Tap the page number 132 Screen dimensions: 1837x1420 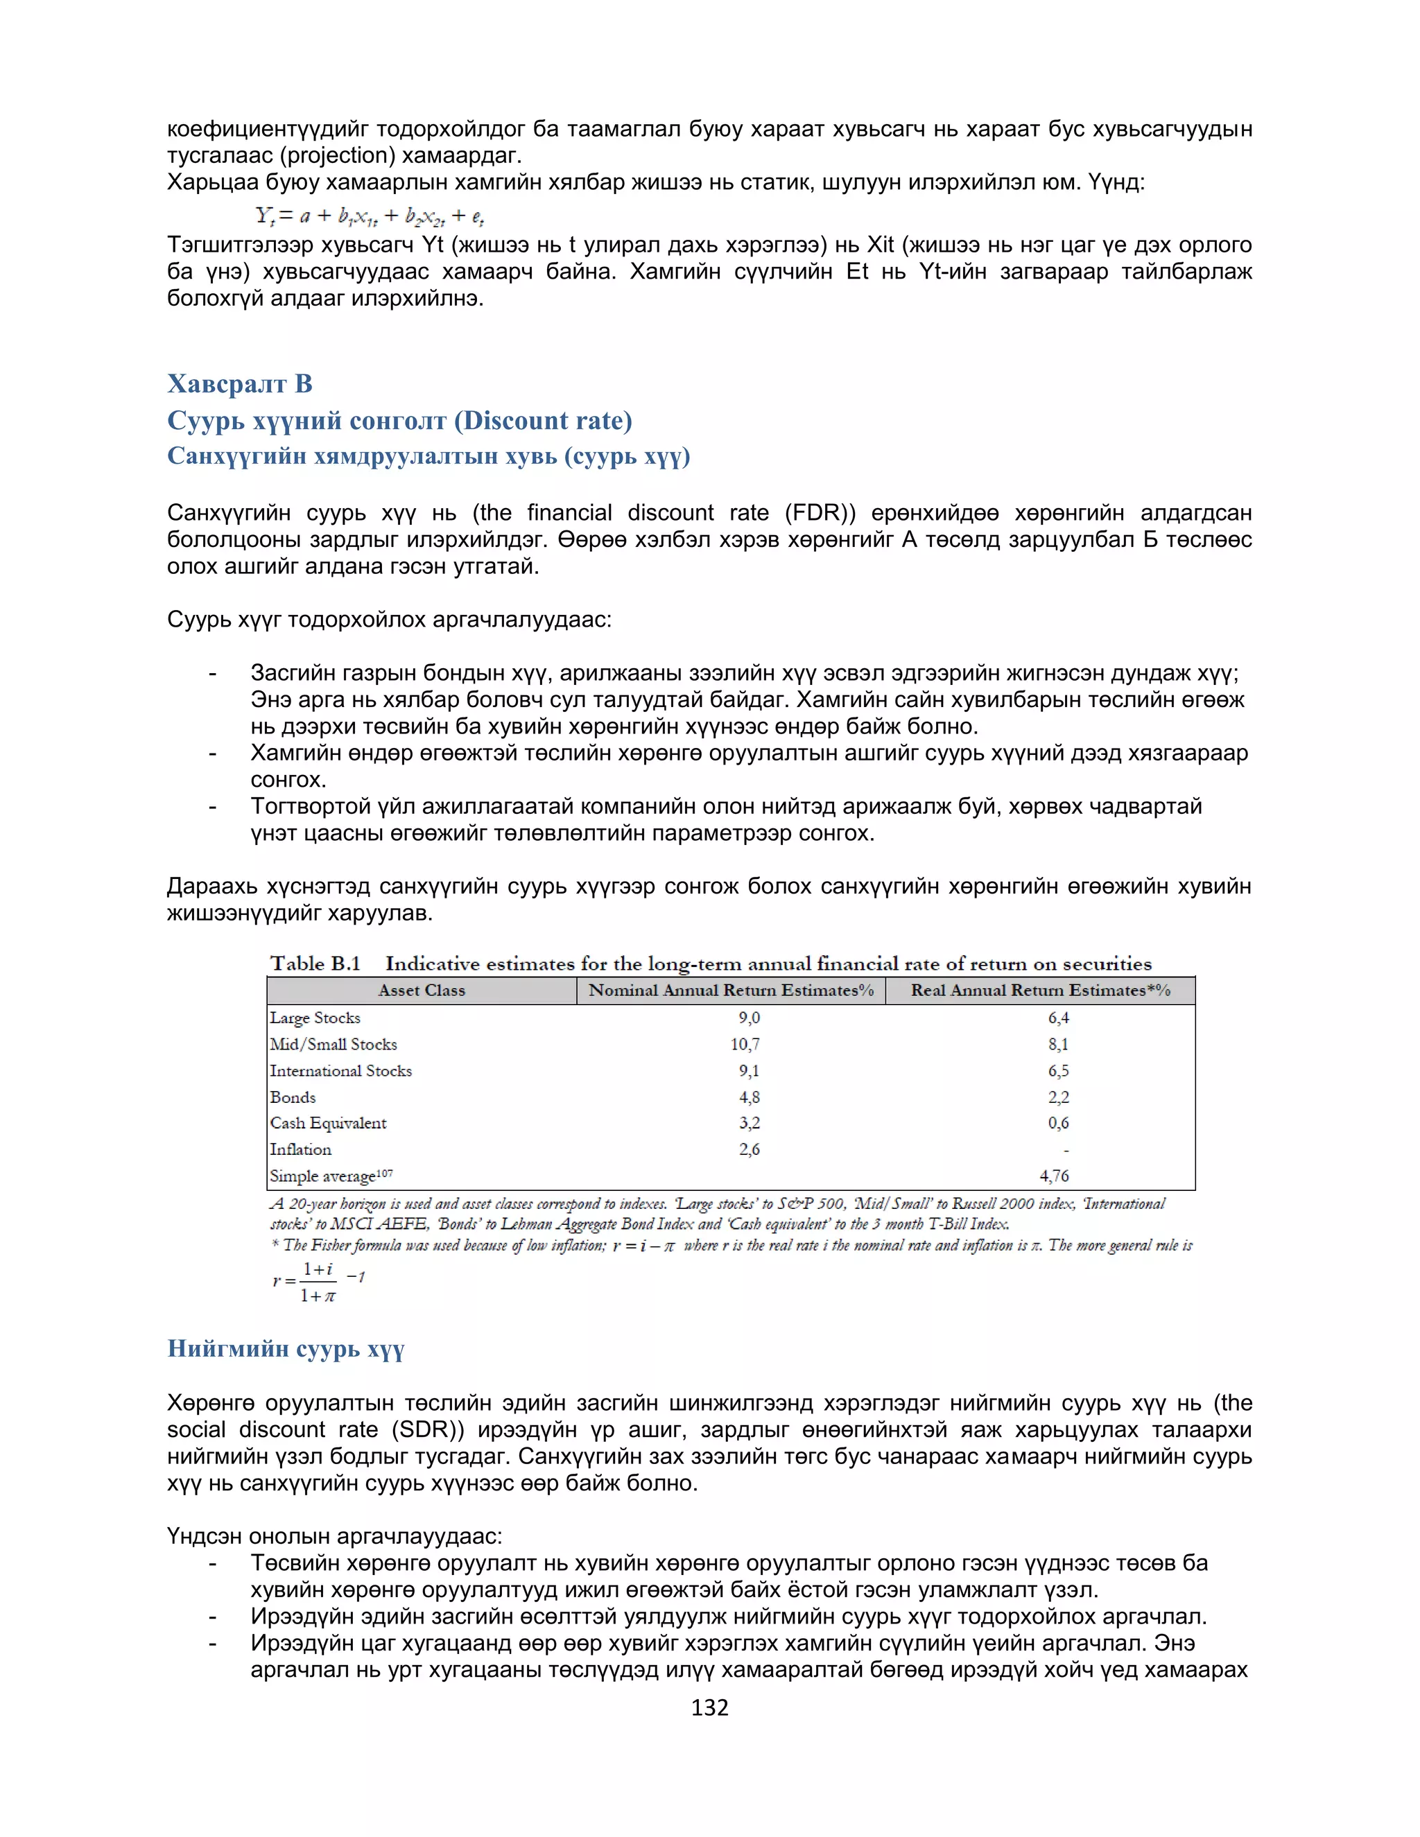(709, 1707)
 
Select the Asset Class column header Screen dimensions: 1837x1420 (422, 990)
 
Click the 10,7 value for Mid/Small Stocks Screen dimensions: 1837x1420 (745, 1044)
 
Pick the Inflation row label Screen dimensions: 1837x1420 (300, 1149)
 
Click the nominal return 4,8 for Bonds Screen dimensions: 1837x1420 (749, 1097)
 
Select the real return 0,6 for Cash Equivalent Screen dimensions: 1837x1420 (1057, 1123)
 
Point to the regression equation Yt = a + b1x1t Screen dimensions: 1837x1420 (370, 216)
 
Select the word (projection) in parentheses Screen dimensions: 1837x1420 (338, 155)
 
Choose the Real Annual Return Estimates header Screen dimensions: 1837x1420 (1040, 990)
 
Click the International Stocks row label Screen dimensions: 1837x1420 (340, 1071)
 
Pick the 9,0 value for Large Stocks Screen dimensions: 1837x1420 (749, 1018)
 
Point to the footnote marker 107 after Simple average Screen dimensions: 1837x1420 (384, 1172)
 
